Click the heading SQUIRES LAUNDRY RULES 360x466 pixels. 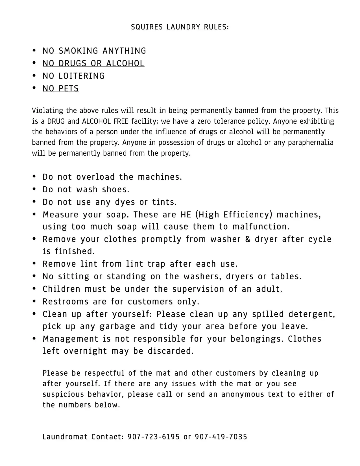pos(180,27)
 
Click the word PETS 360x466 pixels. pos(69,89)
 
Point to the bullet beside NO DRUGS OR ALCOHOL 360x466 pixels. pos(34,63)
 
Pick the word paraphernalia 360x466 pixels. pos(311,142)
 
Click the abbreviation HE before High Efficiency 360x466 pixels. pos(186,215)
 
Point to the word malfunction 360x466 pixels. pos(261,227)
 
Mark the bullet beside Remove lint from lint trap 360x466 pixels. pos(34,264)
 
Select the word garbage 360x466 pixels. pos(117,326)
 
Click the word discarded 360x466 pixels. pos(171,351)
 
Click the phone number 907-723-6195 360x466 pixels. pos(153,437)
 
